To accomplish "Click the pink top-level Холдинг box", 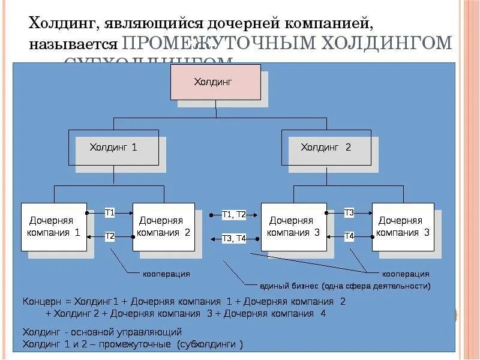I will point(215,82).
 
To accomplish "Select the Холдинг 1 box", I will point(113,147).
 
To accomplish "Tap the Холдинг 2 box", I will point(326,147).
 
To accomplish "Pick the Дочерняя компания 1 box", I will point(53,227).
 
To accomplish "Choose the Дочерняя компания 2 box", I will point(164,227).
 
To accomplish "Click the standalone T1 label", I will point(110,212).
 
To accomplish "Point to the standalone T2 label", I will point(110,236).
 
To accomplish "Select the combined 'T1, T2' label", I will point(234,214).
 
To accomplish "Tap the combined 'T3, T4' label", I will point(234,238).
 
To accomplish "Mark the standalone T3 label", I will point(349,212).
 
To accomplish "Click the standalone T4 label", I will point(349,236).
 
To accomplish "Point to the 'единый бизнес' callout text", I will point(344,286).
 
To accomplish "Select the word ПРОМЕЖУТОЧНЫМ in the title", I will point(219,44).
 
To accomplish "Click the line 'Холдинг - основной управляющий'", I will point(101,332).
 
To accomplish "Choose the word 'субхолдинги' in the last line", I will point(214,344).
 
